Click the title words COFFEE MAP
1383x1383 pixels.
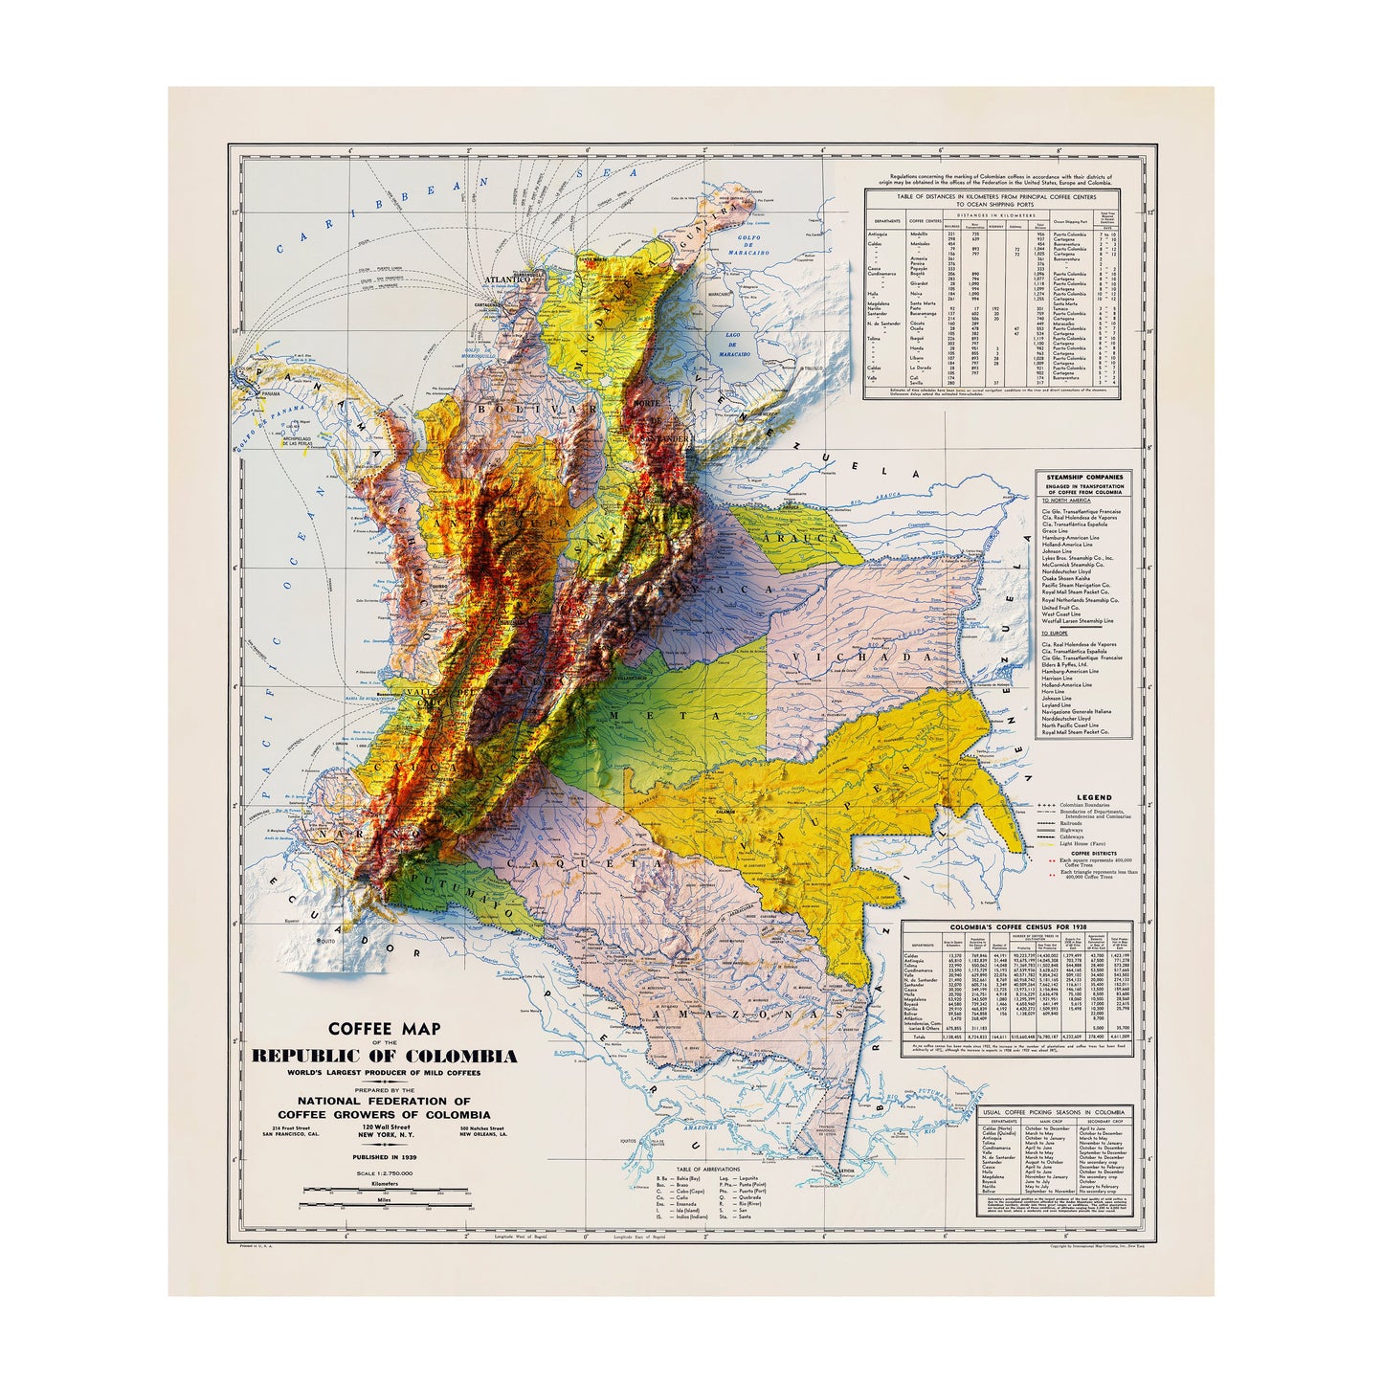point(384,1029)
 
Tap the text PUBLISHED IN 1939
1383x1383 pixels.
point(384,1157)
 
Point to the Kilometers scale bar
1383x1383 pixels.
point(384,1190)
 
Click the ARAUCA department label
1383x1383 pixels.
point(811,539)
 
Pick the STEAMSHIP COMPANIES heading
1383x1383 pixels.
point(1085,477)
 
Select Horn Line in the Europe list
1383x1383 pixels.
point(1055,691)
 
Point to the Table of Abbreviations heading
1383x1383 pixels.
point(709,1171)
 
